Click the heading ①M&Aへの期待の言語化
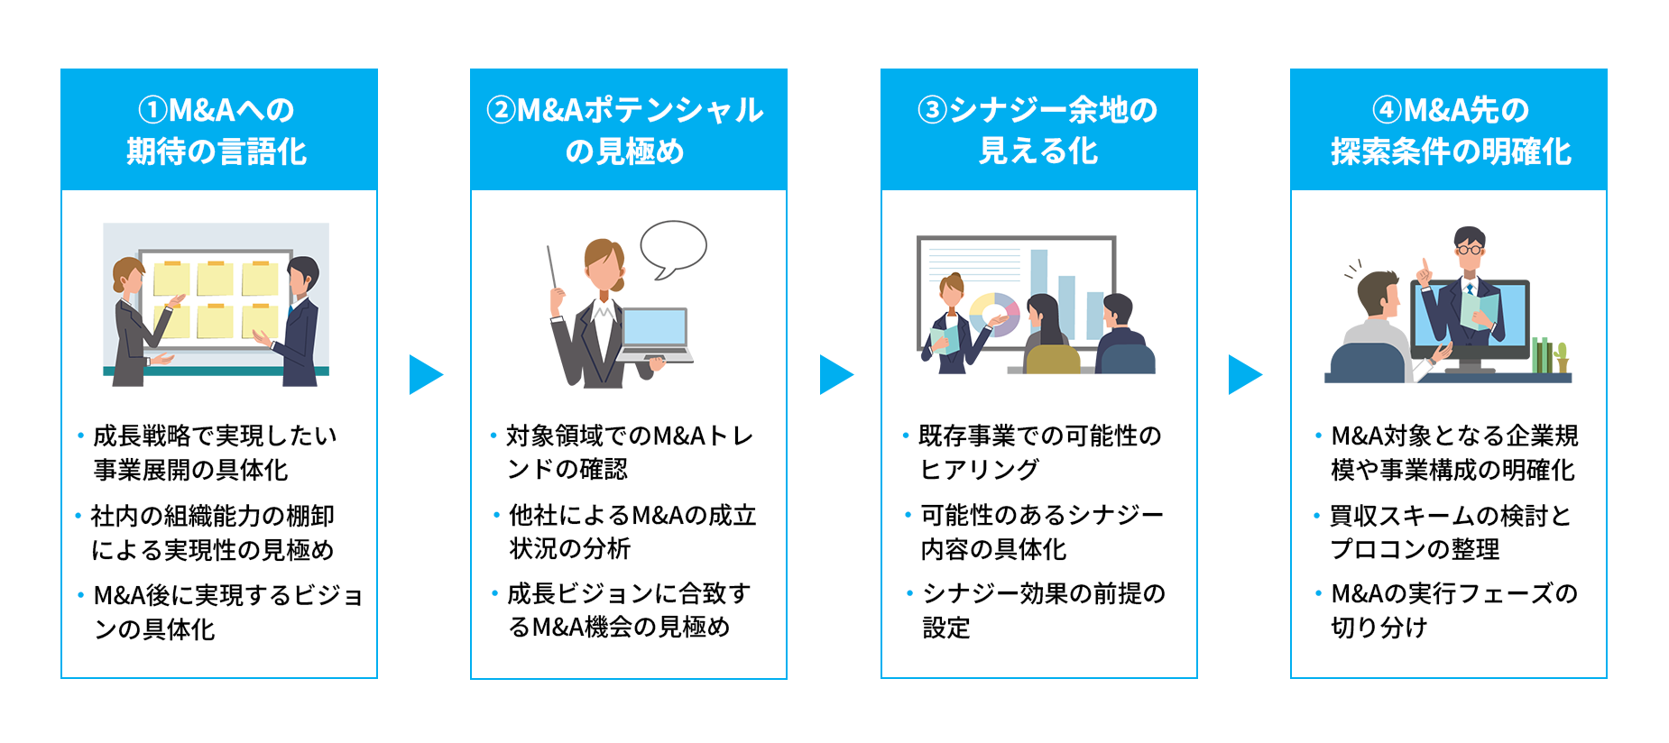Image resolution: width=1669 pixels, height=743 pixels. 218,130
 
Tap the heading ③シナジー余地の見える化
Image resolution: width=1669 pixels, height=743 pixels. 1038,130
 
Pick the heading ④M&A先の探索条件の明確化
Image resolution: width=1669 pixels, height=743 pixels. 1448,130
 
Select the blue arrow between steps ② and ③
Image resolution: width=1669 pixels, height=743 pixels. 834,374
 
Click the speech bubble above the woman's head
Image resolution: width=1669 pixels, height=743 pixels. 673,247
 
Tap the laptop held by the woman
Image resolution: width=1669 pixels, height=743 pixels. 656,332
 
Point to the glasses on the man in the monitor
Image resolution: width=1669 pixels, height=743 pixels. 1470,249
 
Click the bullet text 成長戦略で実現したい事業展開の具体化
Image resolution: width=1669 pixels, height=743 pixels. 215,453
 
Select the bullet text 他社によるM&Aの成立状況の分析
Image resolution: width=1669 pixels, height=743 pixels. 632,531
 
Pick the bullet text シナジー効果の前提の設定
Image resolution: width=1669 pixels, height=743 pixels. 1042,610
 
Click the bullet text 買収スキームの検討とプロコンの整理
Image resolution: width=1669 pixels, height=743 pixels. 1451,532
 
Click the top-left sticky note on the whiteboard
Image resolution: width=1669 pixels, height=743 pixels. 171,279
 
